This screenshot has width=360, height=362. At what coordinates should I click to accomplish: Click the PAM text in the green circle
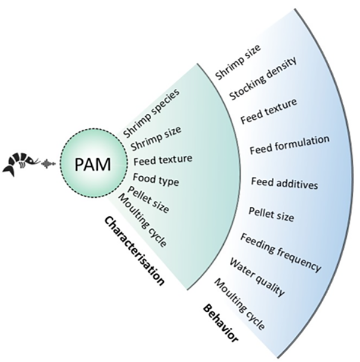point(92,164)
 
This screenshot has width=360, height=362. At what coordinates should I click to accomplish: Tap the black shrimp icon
point(21,164)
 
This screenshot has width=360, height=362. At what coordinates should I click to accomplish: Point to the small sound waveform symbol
point(49,164)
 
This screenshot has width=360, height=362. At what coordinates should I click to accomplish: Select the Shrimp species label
point(151,113)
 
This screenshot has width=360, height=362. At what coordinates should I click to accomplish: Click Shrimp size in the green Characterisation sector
point(156,138)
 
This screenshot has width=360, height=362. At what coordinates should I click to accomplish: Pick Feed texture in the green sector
point(163,159)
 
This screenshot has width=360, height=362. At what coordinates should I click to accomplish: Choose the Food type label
point(156,180)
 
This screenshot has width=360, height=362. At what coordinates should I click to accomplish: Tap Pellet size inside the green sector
point(149,200)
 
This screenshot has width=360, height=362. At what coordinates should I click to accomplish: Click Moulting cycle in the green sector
point(142,220)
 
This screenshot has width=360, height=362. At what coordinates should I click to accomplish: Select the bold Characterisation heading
point(134,251)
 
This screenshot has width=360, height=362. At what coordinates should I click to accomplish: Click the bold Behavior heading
point(220,323)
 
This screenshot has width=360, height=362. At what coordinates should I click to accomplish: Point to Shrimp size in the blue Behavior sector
point(238,62)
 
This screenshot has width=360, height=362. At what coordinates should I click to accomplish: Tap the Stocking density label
point(263,79)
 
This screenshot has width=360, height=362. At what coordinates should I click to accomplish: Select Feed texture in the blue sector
point(269,111)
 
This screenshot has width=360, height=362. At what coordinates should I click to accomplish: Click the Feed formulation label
point(290,145)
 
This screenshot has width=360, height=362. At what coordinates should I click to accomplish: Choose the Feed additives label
point(284,183)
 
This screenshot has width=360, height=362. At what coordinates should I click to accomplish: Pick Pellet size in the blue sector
point(271,215)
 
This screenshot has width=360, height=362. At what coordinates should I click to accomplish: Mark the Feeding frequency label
point(281,252)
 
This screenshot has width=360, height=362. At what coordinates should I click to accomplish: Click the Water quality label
point(256,277)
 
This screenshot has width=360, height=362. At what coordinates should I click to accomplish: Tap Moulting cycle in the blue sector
point(239,304)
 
